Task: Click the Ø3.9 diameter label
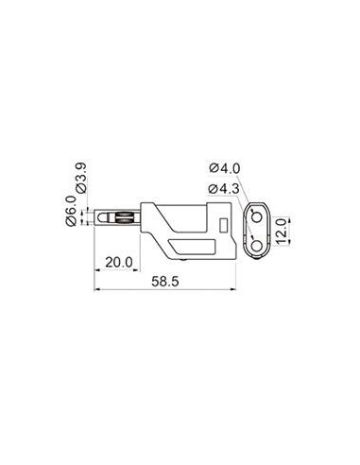coord(80,178)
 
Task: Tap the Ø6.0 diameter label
coord(71,211)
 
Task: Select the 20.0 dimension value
coord(119,262)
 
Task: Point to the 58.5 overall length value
coord(165,281)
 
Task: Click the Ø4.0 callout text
coord(225,168)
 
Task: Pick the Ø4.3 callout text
coord(224,189)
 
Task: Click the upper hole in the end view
coord(257,216)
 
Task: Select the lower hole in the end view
coord(257,246)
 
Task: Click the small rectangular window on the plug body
coord(224,225)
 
